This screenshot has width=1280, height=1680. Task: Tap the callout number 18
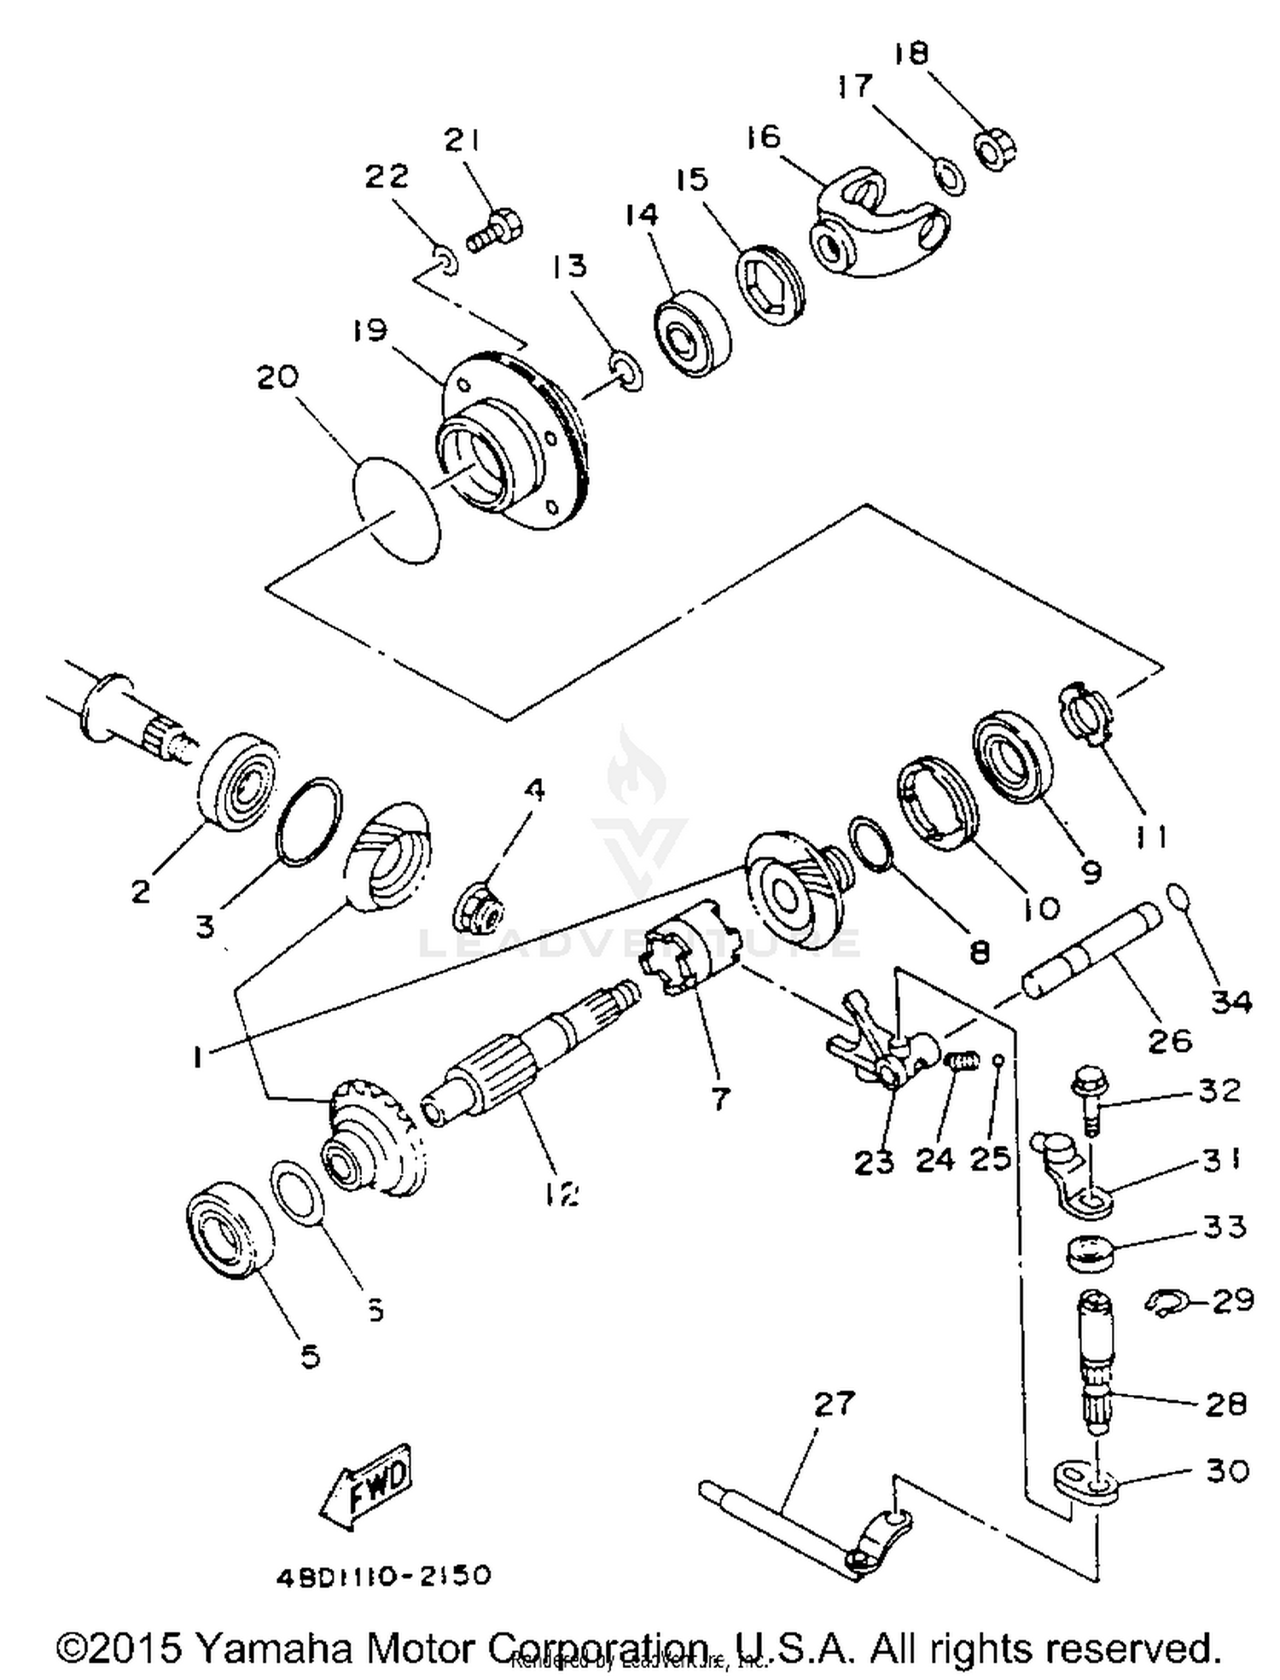click(x=911, y=54)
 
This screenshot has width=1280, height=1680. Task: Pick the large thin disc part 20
click(x=397, y=509)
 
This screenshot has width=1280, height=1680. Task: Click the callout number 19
click(x=369, y=330)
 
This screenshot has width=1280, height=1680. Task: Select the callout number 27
click(x=833, y=1402)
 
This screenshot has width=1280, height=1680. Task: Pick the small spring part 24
click(x=961, y=1063)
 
